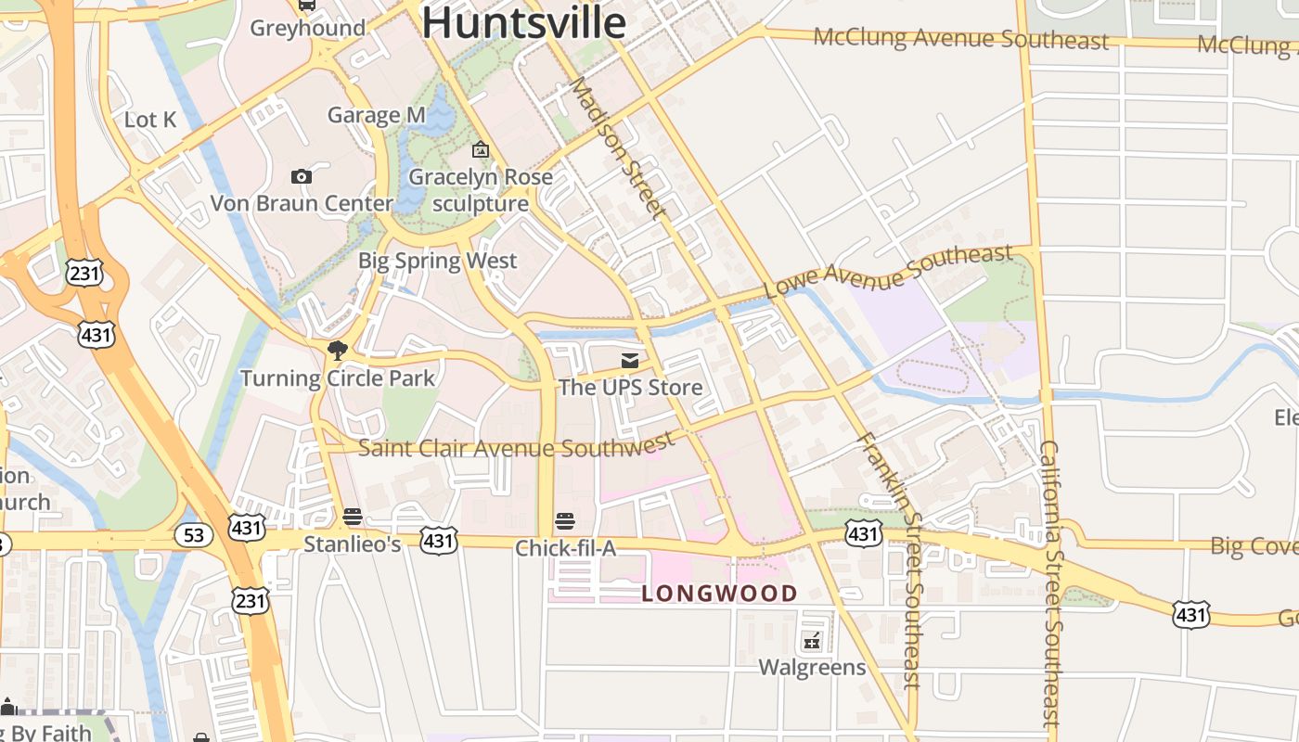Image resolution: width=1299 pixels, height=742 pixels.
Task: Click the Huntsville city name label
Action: click(x=524, y=22)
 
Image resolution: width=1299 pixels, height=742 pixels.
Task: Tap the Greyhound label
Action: click(x=308, y=28)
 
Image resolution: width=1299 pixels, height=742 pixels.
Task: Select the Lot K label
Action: click(x=150, y=120)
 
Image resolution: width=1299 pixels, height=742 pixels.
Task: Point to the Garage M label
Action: click(x=376, y=115)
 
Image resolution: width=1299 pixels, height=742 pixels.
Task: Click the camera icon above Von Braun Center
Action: click(x=301, y=176)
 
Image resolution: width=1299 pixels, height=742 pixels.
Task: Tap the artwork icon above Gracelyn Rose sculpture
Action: click(x=480, y=149)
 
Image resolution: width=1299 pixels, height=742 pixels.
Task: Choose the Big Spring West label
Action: click(x=437, y=261)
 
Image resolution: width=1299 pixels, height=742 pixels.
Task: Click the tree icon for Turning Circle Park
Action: click(x=337, y=351)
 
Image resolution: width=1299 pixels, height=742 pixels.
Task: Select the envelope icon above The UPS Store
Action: click(x=630, y=360)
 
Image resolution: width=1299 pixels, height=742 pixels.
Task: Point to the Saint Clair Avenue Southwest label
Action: click(x=517, y=447)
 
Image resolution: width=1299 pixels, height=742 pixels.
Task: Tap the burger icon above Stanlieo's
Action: click(x=352, y=517)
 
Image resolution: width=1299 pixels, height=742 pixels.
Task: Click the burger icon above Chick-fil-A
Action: click(x=565, y=520)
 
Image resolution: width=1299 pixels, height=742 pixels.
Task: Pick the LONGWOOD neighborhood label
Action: click(x=719, y=594)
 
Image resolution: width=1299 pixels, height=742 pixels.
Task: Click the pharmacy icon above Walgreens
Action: click(x=812, y=640)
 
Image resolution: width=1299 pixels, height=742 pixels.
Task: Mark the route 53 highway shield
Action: click(x=193, y=535)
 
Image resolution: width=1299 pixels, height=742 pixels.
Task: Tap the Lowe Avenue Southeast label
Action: click(x=888, y=271)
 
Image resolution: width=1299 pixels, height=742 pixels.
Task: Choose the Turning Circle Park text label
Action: click(x=338, y=378)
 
